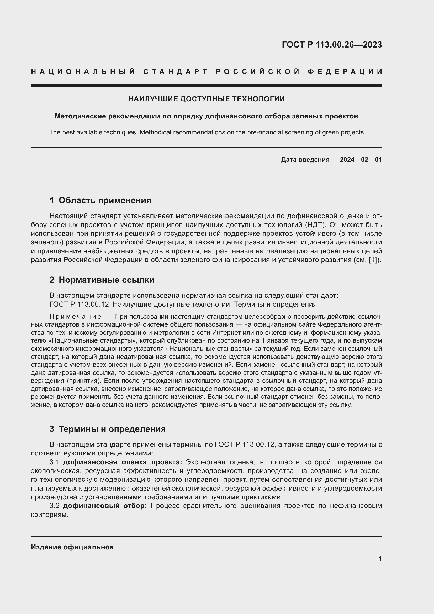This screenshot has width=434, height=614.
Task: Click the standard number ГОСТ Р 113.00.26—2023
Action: (332, 45)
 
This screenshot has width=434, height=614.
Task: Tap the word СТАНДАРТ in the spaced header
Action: (176, 72)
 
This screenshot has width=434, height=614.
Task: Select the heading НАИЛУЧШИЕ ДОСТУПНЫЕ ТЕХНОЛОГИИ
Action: (206, 99)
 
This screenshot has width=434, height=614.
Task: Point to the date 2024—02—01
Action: (361, 160)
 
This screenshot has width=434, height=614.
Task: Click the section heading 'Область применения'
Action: (105, 200)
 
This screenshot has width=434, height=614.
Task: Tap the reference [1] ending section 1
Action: (373, 260)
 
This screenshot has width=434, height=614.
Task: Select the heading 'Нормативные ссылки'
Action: (106, 280)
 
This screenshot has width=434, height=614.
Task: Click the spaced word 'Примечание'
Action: (75, 317)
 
